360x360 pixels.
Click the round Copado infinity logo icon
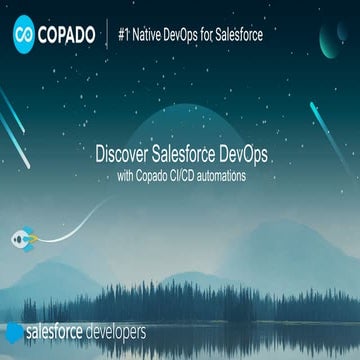24,36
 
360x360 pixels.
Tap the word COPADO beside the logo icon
67,36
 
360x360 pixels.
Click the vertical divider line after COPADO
107,36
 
